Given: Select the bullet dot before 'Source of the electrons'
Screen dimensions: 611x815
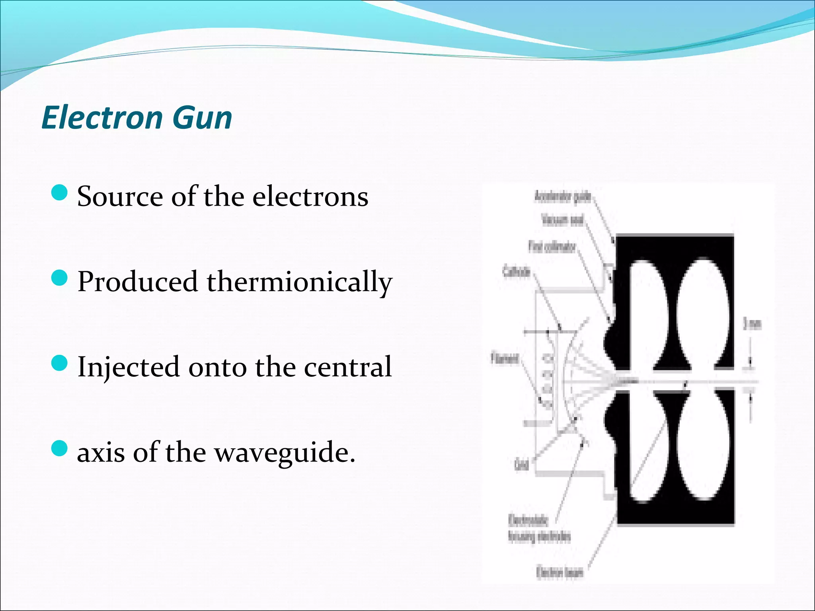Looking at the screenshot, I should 60,193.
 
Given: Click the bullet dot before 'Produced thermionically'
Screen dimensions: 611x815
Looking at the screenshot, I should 60,278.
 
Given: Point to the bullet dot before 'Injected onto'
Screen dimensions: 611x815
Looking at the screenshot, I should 60,363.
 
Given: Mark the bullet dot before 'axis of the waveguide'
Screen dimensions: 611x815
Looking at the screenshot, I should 60,449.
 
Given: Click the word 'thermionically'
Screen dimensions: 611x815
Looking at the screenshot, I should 299,282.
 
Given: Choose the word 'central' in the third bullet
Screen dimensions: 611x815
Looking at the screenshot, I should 348,367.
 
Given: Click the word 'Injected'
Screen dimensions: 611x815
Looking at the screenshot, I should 128,367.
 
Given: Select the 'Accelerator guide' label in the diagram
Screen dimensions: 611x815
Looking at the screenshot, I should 562,197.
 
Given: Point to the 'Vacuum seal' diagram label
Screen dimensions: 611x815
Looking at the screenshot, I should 562,220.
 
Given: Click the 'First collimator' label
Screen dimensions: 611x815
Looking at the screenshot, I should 552,247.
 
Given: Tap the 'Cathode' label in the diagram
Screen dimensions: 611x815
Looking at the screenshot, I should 516,272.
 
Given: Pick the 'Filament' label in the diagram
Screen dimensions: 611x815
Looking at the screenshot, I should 505,359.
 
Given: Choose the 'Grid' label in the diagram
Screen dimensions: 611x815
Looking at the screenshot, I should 521,464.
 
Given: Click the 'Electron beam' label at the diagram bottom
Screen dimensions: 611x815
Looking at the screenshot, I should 560,572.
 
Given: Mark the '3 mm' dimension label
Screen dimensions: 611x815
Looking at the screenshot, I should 752,324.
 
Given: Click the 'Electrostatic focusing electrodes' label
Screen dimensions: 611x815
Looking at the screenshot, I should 539,529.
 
